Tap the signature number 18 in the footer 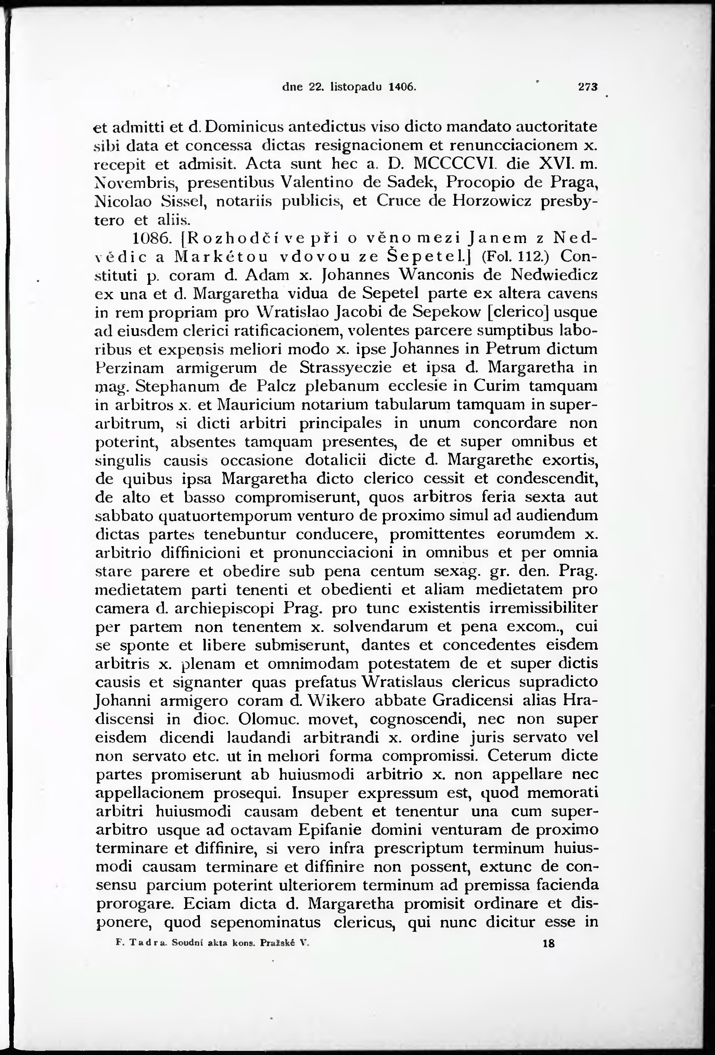tap(548, 944)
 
